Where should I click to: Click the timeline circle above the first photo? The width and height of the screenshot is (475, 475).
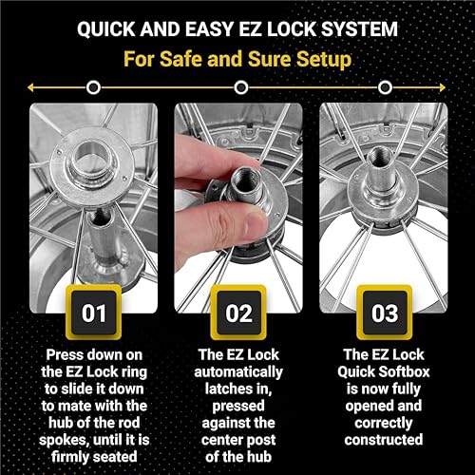tap(92, 87)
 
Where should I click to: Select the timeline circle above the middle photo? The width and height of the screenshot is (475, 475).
tap(237, 87)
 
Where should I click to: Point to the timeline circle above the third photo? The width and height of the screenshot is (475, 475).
tap(383, 87)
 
